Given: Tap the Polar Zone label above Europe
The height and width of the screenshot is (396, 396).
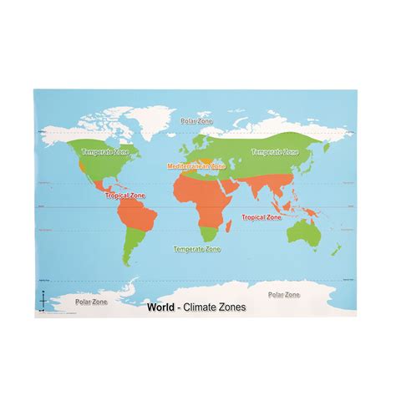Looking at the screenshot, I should pos(197,121).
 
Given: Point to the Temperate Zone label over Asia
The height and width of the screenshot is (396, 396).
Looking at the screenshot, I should pos(274,152).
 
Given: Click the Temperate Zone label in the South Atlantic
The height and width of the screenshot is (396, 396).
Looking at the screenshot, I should pos(197,249).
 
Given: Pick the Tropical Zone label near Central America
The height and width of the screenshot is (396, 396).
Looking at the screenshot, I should pos(124,195).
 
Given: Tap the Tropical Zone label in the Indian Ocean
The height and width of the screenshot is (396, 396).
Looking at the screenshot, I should pos(261,216).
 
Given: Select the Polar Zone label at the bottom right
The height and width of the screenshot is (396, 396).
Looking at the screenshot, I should pos(285,294).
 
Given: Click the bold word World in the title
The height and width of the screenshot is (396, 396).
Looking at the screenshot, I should pos(160,306).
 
